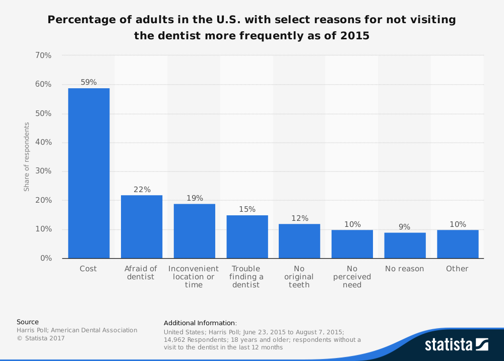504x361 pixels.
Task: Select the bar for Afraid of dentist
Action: (x=142, y=226)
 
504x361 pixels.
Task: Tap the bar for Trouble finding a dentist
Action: (x=247, y=236)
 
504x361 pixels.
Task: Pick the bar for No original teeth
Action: (x=299, y=241)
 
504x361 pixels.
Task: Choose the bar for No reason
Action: (x=405, y=245)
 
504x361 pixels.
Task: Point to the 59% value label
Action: (x=89, y=82)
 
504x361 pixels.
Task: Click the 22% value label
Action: (x=142, y=190)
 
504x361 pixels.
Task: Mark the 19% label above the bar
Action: (x=194, y=198)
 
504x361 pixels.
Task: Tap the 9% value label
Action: (x=405, y=227)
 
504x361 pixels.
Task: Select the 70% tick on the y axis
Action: (x=43, y=55)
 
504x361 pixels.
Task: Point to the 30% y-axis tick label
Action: (x=43, y=171)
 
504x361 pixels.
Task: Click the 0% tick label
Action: (x=46, y=258)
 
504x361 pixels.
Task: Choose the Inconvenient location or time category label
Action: (x=194, y=277)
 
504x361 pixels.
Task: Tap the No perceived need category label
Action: (x=352, y=277)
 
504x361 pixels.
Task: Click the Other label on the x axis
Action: (x=457, y=269)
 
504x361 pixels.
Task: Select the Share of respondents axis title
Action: (x=27, y=157)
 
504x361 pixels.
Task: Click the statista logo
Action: (x=456, y=344)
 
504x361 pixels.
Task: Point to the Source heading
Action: (x=28, y=322)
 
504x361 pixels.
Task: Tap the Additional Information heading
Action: (x=200, y=323)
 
